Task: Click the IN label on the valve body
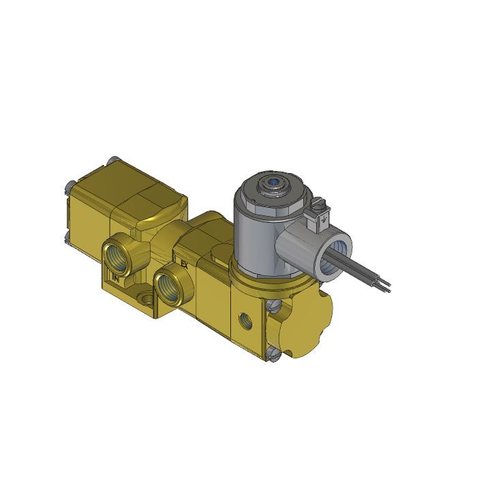[x=115, y=277]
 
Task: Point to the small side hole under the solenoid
[x=244, y=318]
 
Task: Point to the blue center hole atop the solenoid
[x=273, y=183]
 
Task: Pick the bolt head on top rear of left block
[x=114, y=161]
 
